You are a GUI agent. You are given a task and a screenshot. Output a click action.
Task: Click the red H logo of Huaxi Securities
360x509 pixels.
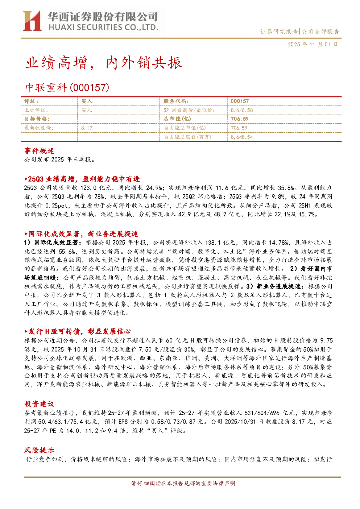(32, 21)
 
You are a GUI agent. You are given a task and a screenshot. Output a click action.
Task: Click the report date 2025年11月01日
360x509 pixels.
(313, 44)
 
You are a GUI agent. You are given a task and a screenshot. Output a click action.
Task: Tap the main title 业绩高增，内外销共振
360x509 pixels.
(104, 62)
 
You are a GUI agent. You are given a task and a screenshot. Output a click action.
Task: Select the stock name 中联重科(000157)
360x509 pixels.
(67, 87)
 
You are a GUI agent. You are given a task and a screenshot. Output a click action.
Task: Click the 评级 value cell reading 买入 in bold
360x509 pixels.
(87, 102)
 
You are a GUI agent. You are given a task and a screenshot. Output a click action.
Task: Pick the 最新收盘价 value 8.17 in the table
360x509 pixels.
(87, 128)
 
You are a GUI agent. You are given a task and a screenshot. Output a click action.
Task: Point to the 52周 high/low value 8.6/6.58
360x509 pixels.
(242, 110)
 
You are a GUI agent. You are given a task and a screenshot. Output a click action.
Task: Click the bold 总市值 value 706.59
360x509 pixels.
(240, 119)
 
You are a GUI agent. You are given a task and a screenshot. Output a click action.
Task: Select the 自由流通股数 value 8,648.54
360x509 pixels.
(242, 137)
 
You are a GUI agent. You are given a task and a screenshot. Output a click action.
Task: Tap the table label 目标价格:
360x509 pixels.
(37, 119)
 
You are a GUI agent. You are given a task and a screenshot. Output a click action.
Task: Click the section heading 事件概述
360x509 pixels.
(39, 151)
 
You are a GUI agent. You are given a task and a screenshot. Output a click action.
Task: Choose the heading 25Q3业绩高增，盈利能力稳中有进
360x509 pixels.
(82, 179)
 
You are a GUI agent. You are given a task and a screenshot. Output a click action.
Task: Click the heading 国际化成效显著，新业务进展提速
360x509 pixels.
(81, 234)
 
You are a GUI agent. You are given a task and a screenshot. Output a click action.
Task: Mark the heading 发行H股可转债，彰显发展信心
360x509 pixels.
(78, 331)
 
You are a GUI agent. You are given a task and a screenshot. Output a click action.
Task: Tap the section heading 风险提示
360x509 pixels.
(39, 450)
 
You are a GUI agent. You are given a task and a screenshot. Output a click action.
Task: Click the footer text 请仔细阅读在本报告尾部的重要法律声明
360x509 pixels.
(183, 483)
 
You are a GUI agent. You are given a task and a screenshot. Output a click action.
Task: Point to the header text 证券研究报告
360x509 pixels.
(279, 32)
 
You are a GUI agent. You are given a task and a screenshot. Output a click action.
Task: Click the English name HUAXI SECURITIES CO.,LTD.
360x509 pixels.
(103, 27)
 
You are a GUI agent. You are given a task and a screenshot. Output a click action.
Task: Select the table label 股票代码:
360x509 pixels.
(176, 102)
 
